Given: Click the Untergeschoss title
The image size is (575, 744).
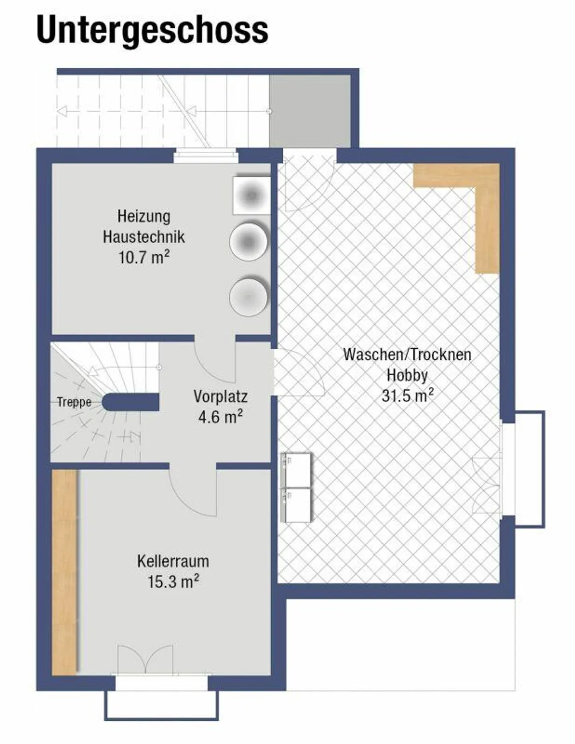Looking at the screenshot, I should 152,30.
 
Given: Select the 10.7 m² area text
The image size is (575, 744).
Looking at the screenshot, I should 144,257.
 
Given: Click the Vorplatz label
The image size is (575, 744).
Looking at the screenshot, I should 220,396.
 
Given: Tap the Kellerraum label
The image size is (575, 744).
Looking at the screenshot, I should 173,561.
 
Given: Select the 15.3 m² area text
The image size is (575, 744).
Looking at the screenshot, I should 173,582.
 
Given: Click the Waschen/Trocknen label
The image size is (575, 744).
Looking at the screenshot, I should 407,354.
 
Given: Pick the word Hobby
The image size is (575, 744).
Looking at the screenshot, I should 407,375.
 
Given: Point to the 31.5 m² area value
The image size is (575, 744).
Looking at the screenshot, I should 407,396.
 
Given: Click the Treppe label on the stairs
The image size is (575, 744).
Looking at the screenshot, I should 74,402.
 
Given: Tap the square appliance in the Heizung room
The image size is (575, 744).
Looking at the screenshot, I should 251,196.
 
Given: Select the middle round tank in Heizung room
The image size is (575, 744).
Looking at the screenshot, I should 248,241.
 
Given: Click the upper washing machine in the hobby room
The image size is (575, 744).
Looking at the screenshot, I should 296,470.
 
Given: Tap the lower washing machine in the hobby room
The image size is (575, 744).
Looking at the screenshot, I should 296,505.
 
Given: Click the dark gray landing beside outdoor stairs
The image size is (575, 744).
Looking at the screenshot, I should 310,111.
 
